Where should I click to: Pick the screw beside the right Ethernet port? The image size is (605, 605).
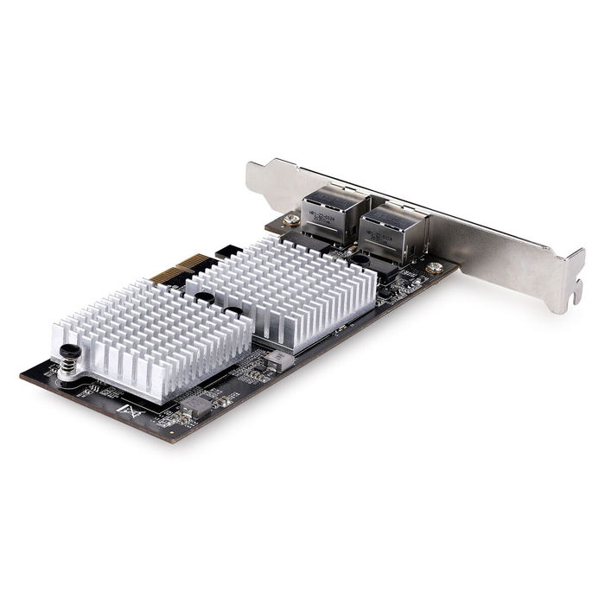[x=434, y=268]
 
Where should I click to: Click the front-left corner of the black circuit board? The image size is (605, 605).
[x=23, y=373]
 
